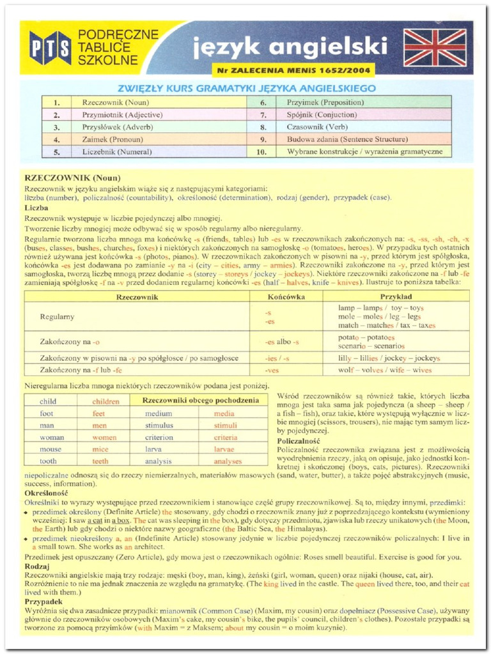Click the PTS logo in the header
click(x=50, y=48)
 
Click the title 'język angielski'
click(x=290, y=46)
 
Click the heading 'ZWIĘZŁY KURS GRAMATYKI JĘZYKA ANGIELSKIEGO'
click(x=246, y=88)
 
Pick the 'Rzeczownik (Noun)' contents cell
click(x=115, y=102)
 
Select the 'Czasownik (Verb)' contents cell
click(x=317, y=126)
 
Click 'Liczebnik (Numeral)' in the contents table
click(x=117, y=151)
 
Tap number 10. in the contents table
click(x=261, y=151)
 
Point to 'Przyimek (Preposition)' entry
click(x=325, y=102)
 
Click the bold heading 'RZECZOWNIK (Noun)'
click(x=72, y=178)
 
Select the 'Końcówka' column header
click(x=286, y=296)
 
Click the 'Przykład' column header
click(x=396, y=296)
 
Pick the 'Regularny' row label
click(x=57, y=316)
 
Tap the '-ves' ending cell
click(x=272, y=370)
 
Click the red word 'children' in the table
click(x=105, y=402)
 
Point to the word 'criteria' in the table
click(x=225, y=437)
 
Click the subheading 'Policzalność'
click(x=303, y=441)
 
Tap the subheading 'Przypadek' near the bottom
click(x=43, y=602)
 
